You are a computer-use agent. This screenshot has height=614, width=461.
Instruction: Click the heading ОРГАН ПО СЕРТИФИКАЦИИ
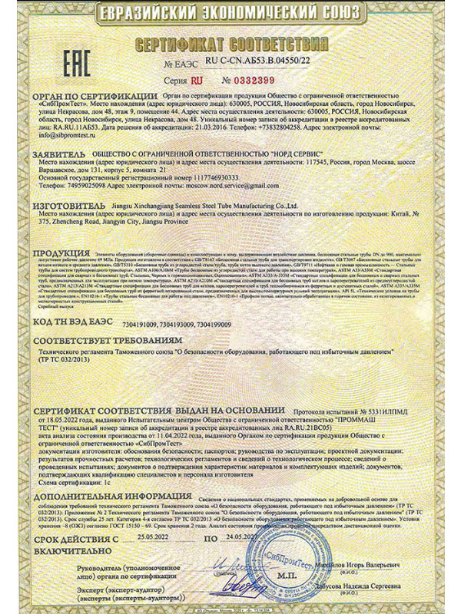tap(83, 96)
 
